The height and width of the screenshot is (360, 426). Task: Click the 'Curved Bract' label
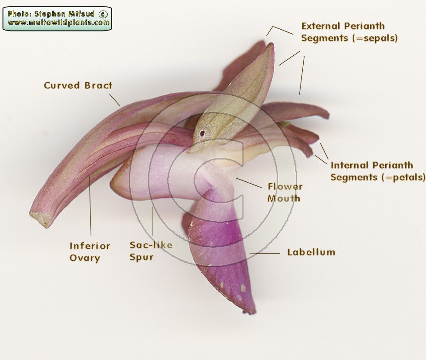pyautogui.click(x=78, y=85)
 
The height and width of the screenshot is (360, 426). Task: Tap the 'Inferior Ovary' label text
pyautogui.click(x=90, y=252)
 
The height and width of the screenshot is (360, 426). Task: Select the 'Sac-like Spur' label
pyautogui.click(x=151, y=251)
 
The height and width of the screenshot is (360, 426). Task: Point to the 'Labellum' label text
pyautogui.click(x=311, y=252)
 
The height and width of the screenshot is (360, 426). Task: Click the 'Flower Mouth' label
pyautogui.click(x=285, y=192)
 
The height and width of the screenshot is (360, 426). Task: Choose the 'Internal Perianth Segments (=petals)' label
pyautogui.click(x=378, y=171)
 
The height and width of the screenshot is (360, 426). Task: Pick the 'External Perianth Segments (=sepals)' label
pyautogui.click(x=349, y=32)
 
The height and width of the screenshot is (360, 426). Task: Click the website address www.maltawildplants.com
pyautogui.click(x=59, y=23)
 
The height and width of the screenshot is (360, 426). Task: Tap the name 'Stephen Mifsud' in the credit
pyautogui.click(x=64, y=14)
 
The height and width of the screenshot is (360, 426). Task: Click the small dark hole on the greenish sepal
pyautogui.click(x=203, y=133)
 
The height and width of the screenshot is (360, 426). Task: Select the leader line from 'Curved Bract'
pyautogui.click(x=114, y=100)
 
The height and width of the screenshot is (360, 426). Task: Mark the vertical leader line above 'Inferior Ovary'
pyautogui.click(x=90, y=206)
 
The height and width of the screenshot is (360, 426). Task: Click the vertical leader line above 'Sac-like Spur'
pyautogui.click(x=152, y=221)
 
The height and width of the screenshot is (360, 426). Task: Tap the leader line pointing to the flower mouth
pyautogui.click(x=249, y=183)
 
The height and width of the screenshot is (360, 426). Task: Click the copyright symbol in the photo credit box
pyautogui.click(x=103, y=14)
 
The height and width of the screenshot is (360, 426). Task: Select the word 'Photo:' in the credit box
pyautogui.click(x=20, y=14)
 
